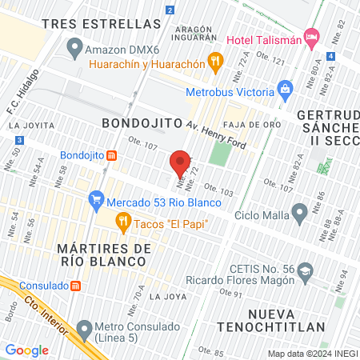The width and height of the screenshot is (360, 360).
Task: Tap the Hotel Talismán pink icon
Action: [312, 37]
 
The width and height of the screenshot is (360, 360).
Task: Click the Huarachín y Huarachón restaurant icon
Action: [214, 60]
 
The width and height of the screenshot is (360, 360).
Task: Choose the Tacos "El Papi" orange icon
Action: [122, 221]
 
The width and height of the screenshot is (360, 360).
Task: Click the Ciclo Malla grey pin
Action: [300, 213]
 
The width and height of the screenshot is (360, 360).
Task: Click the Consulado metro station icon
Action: [75, 286]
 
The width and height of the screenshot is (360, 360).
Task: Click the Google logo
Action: [27, 350]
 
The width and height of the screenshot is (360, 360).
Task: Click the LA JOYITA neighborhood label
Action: [30, 126]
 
